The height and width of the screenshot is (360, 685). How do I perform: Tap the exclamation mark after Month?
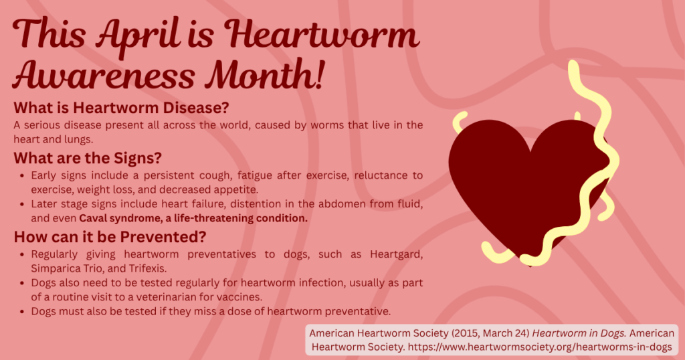318,75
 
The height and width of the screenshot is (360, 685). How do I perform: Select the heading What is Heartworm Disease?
122,108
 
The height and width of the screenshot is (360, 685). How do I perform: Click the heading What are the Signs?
88,158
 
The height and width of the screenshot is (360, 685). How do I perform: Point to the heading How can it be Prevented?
110,237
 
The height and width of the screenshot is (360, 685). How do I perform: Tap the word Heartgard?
396,255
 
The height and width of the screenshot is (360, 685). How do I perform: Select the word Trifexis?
148,268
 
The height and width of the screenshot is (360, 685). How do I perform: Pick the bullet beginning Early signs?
22,175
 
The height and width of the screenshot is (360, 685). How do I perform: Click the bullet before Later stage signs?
22,204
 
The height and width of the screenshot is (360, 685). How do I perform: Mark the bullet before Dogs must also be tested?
22,312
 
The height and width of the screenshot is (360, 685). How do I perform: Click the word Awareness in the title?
104,75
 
